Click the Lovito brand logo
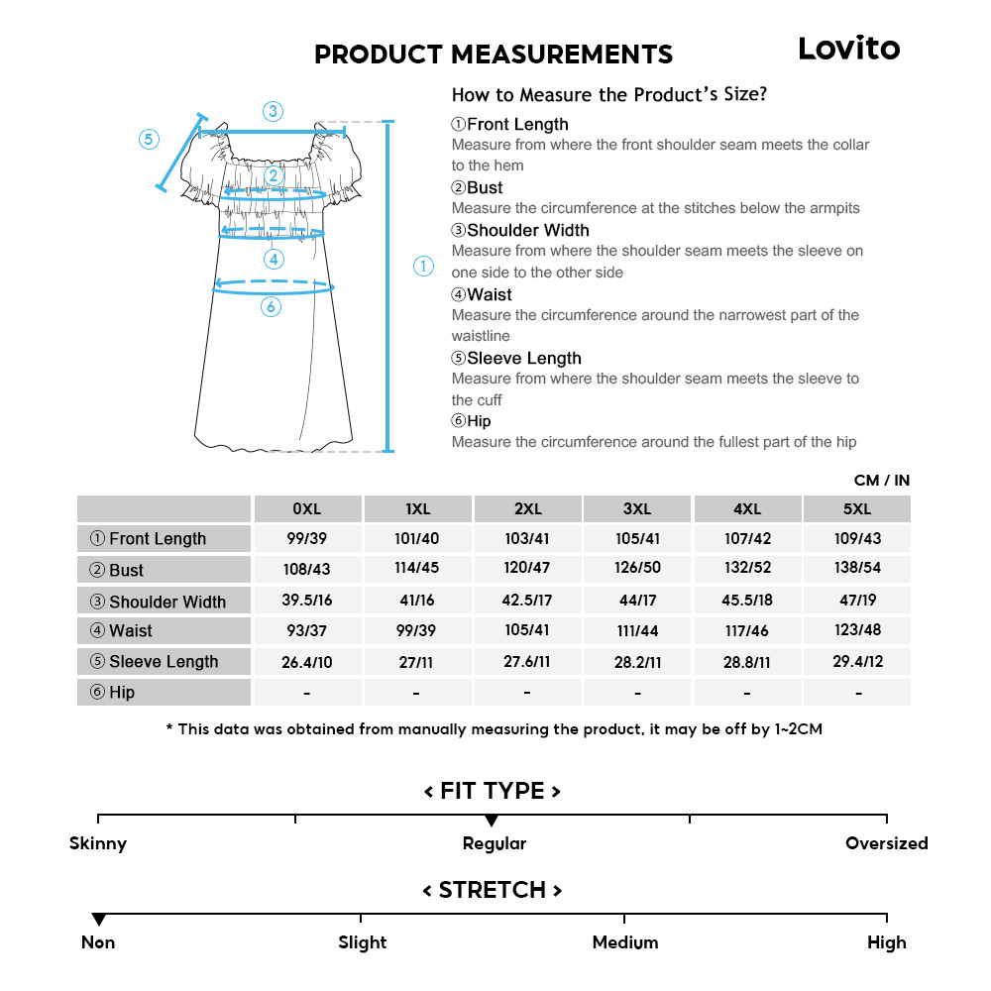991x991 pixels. pos(848,49)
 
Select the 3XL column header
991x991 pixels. pos(637,509)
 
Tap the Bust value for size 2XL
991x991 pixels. pos(527,570)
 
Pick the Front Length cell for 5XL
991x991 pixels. pos(857,538)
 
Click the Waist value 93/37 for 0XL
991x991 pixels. pos(307,630)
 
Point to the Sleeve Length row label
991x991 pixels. pos(164,662)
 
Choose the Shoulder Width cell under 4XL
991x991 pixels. pos(747,601)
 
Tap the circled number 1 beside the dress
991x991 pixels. pos(423,266)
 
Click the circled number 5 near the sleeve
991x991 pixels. pos(149,139)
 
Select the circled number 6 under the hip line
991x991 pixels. pos(271,307)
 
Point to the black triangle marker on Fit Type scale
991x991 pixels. pos(492,821)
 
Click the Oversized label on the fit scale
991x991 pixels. pos(886,843)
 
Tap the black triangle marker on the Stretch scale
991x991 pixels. pos(98,920)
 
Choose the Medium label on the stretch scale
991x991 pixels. pos(624,942)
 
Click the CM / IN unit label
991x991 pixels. pos(881,481)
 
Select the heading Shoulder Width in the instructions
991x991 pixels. pos(527,230)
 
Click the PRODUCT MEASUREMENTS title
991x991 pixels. pos(493,55)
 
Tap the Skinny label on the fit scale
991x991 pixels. pos(98,843)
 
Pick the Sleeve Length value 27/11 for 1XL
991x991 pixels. pos(417,661)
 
